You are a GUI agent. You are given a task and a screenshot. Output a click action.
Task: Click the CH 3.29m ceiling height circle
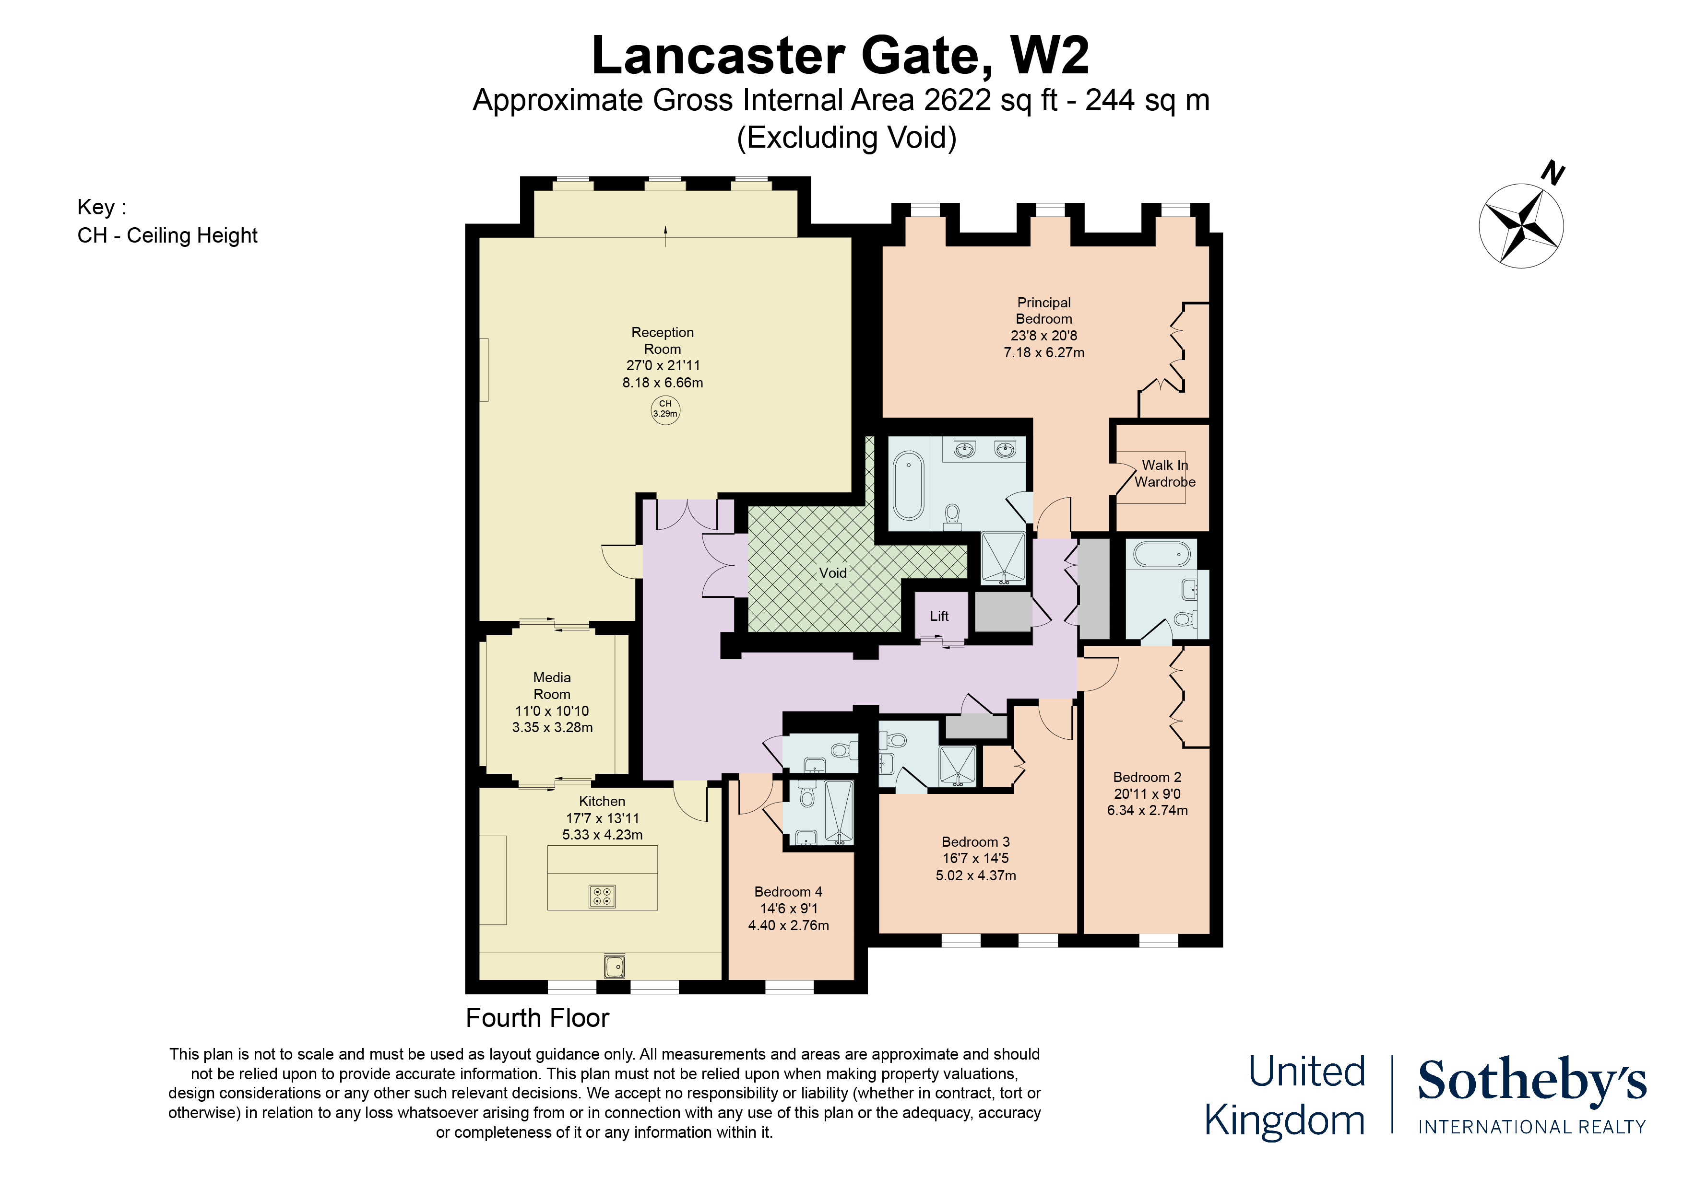[x=665, y=409]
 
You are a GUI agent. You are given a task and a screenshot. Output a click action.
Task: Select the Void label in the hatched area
[x=833, y=573]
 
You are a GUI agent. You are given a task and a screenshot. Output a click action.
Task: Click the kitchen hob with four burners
[x=602, y=896]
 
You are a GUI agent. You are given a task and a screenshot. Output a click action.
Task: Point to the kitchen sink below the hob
[x=614, y=966]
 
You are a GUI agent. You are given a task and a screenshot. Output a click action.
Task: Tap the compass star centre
[x=1521, y=225]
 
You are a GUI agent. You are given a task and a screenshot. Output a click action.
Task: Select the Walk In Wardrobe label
[x=1165, y=473]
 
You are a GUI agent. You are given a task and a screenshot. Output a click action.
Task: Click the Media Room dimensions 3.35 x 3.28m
[x=552, y=727]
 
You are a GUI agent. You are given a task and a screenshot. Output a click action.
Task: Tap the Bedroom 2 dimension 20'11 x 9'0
[x=1147, y=793]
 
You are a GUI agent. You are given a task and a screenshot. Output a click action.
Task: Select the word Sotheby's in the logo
[x=1531, y=1081]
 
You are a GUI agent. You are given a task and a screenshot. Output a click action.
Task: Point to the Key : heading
[x=101, y=207]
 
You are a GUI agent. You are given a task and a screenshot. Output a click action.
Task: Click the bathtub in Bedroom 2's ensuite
[x=1161, y=555]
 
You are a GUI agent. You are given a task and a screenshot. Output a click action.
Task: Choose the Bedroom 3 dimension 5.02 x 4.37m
[x=976, y=875]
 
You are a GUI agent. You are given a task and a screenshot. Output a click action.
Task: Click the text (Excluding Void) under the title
[x=847, y=138]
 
